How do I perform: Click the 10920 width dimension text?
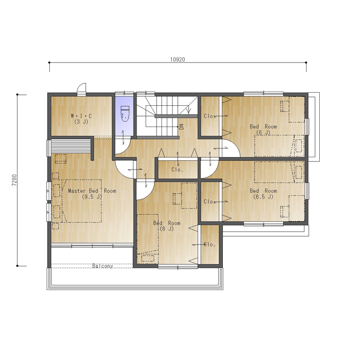coord(177,59)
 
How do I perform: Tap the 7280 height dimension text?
coord(14,180)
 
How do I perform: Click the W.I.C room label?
coord(82,116)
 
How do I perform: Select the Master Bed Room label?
coord(92,191)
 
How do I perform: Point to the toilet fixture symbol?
coord(124,113)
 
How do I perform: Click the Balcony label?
coord(103,266)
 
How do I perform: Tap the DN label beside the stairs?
coord(182,127)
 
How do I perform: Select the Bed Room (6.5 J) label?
coord(263,194)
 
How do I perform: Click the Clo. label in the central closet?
coord(177,169)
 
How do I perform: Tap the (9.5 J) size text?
coord(92,197)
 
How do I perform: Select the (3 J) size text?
coord(81,122)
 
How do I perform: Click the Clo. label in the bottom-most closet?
coord(210,244)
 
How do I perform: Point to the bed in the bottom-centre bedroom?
coord(148,239)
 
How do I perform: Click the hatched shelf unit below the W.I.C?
coord(71,147)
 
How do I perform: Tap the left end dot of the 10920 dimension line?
coord(49,62)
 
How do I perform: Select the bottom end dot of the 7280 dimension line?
coord(17,266)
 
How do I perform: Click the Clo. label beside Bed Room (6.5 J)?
coord(210,202)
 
